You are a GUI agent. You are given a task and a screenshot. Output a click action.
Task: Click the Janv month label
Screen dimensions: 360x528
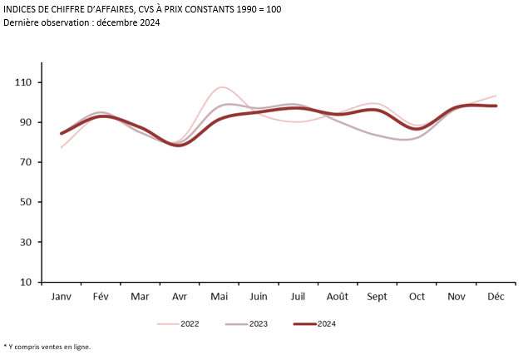point(61,297)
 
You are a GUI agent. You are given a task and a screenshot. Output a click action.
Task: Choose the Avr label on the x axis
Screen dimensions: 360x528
point(180,297)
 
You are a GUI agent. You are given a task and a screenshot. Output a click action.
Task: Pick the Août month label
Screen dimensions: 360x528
point(338,297)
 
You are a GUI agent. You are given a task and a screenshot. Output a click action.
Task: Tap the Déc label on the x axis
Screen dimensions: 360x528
point(496,297)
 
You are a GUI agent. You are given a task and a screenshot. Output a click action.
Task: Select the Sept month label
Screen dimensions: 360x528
point(377,297)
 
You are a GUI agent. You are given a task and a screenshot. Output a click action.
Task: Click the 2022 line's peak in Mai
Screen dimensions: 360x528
point(221,87)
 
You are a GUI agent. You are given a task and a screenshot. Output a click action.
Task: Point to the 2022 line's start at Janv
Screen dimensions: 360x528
point(62,147)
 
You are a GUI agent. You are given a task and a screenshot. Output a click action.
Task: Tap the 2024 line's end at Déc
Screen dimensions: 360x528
point(496,106)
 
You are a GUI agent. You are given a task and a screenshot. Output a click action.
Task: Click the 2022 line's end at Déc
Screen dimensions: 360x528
point(496,96)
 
